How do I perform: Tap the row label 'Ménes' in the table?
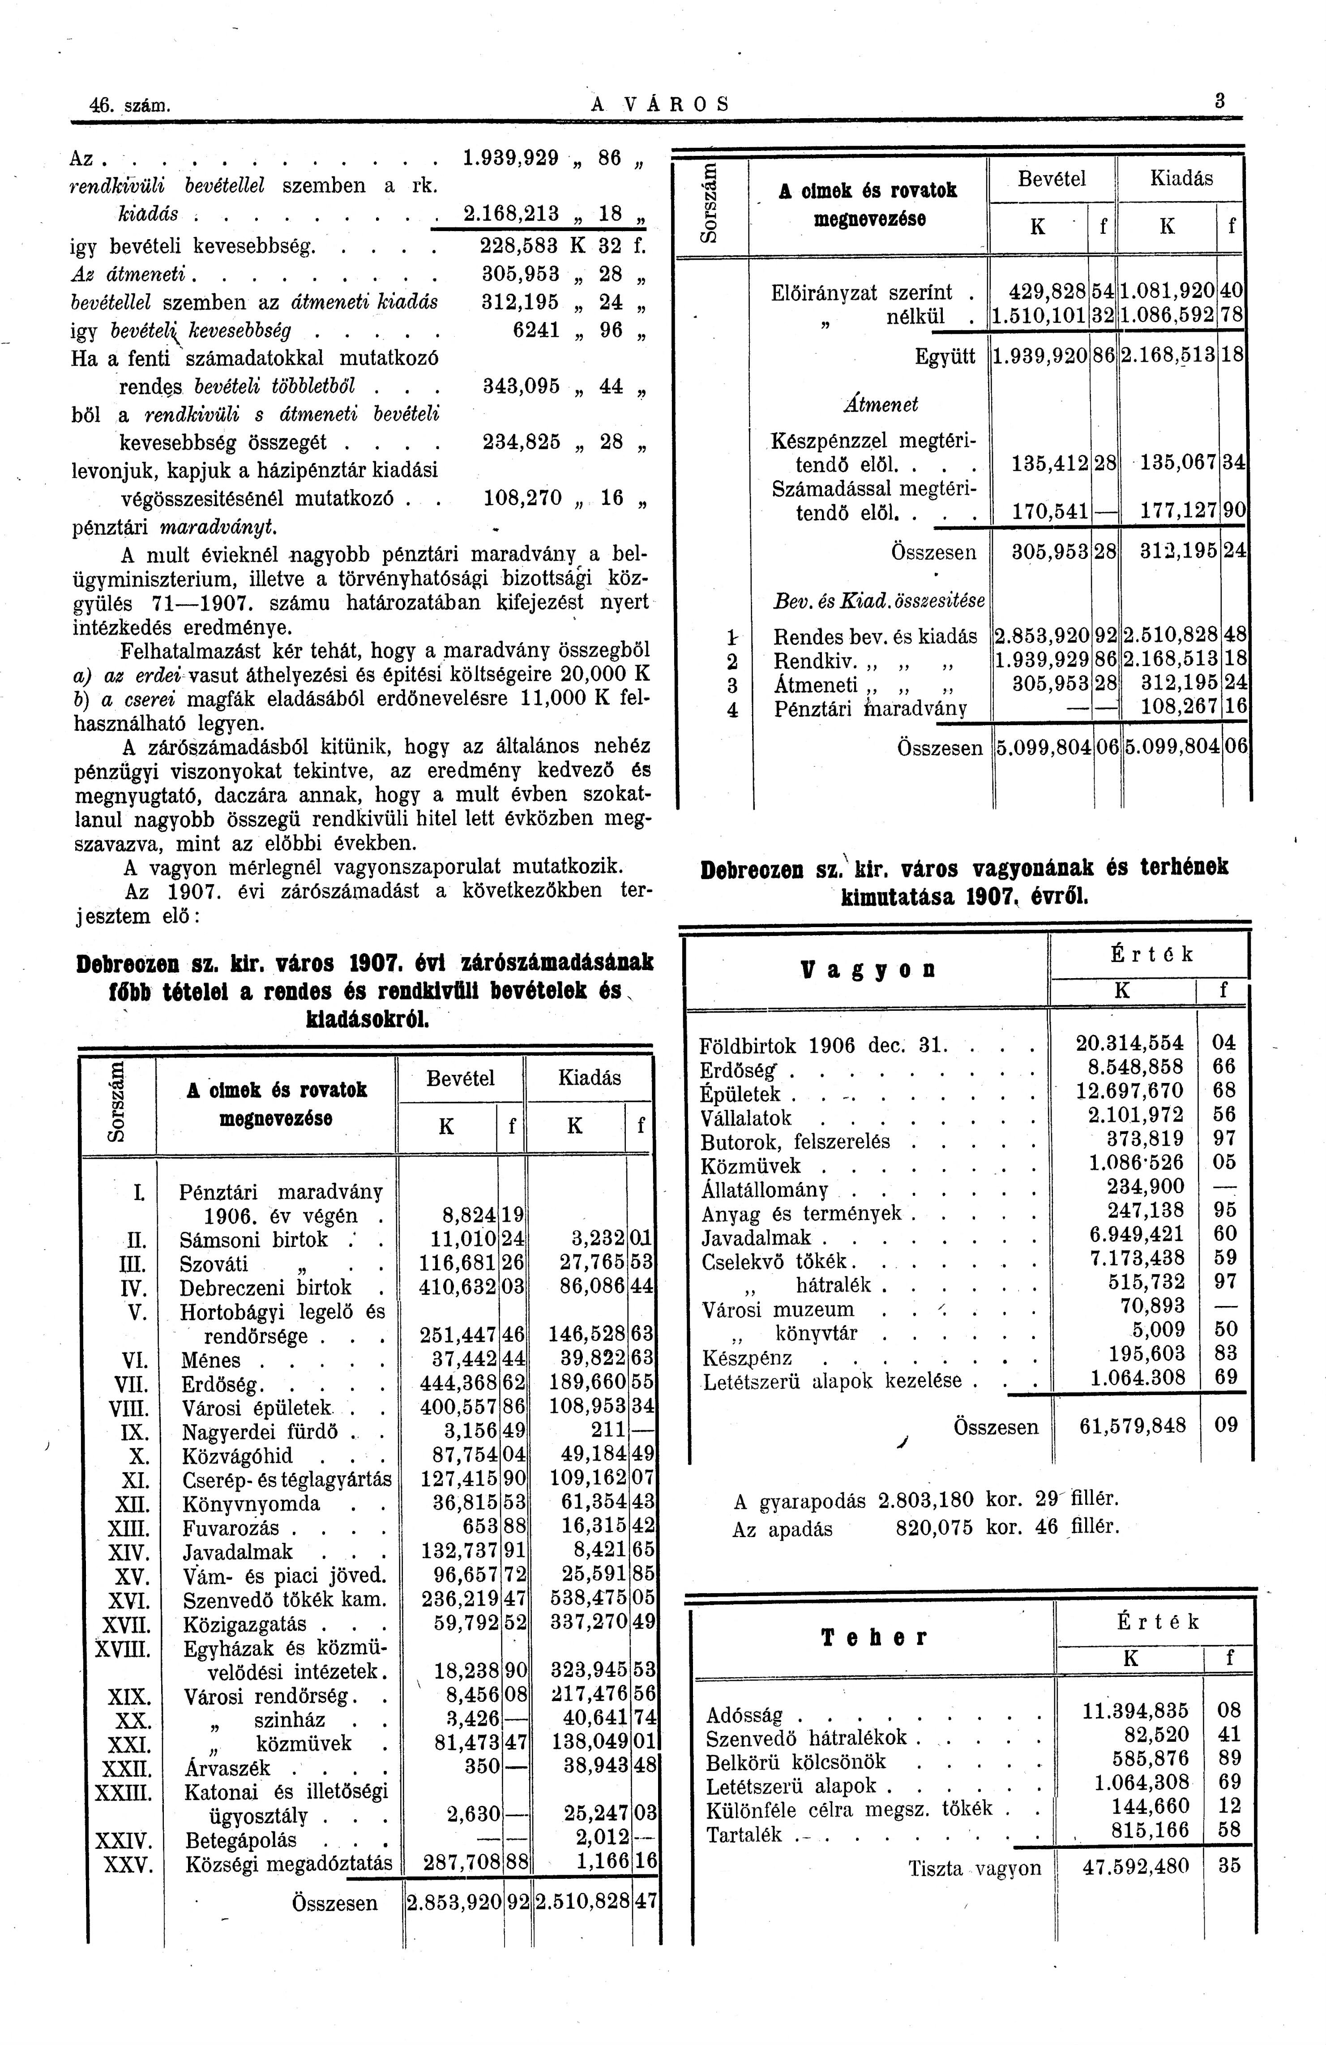(x=211, y=1360)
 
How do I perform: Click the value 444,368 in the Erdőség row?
(x=458, y=1384)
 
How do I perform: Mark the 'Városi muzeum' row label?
(x=778, y=1310)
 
